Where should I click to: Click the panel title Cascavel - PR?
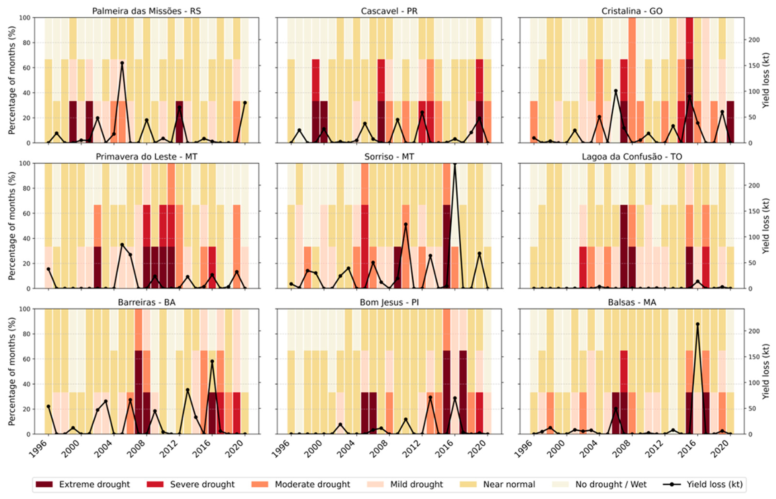pyautogui.click(x=389, y=11)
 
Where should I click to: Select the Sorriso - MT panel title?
pyautogui.click(x=389, y=157)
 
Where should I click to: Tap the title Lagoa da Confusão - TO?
pyautogui.click(x=632, y=157)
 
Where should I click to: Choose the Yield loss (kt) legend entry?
pyautogui.click(x=714, y=484)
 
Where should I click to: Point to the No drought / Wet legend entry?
pyautogui.click(x=610, y=484)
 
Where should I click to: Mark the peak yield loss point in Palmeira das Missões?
pyautogui.click(x=122, y=63)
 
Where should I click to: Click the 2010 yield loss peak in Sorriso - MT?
pyautogui.click(x=405, y=224)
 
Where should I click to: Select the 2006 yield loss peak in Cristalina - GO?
pyautogui.click(x=616, y=91)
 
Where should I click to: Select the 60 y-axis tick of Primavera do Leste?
pyautogui.click(x=27, y=213)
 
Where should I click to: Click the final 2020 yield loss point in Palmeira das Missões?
pyautogui.click(x=245, y=103)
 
